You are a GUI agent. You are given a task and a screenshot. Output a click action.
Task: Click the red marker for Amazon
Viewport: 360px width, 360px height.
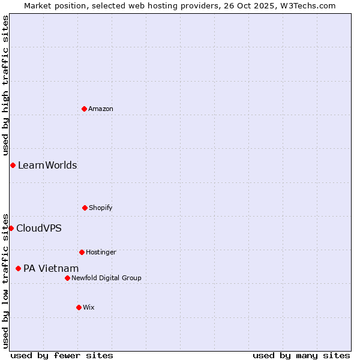pos(84,109)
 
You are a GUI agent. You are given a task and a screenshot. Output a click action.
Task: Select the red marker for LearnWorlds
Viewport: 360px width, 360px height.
pos(13,165)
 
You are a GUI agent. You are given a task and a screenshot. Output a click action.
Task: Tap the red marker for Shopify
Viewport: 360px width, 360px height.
pos(85,208)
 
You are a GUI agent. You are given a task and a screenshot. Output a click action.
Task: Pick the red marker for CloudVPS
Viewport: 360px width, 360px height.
pos(11,228)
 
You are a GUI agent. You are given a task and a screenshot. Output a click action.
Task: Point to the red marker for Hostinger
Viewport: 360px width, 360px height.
pos(82,252)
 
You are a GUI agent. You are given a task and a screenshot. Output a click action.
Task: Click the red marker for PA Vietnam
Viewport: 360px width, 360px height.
pos(18,268)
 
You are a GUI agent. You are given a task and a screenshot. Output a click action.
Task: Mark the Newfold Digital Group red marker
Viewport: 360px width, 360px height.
pos(67,278)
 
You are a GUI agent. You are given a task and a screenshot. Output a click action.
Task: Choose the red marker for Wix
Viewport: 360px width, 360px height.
pos(79,307)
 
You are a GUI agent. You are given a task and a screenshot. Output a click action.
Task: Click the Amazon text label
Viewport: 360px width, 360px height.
pos(101,109)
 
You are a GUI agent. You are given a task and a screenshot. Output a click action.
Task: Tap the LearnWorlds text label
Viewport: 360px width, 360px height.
pos(47,165)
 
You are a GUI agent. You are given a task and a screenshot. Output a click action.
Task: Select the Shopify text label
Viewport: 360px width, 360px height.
pos(101,208)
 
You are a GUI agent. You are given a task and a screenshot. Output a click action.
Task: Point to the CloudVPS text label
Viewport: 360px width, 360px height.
pos(39,228)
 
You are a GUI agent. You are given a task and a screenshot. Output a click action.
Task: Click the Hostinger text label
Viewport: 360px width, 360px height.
pos(101,252)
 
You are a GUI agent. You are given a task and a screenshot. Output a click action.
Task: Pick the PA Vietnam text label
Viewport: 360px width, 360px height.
pos(51,268)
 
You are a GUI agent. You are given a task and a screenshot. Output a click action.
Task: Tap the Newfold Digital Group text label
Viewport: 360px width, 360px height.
pos(106,278)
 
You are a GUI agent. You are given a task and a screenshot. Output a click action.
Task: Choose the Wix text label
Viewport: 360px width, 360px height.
pos(89,307)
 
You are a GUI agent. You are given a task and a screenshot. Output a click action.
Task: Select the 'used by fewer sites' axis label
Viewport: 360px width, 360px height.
pos(62,355)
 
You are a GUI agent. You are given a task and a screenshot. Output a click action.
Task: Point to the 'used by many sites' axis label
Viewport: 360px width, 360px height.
pos(301,355)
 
